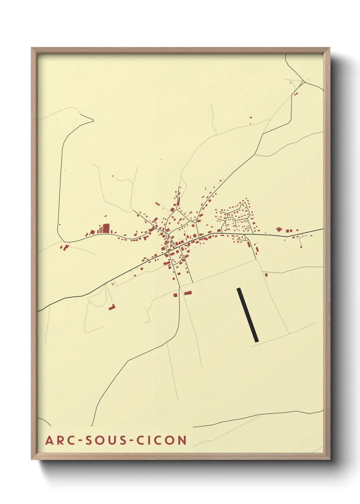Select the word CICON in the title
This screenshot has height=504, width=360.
[162, 440]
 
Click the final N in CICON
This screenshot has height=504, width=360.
[182, 440]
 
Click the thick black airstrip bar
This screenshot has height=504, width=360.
[248, 315]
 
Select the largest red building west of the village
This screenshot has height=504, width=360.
[106, 228]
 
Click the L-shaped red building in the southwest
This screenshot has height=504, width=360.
[112, 307]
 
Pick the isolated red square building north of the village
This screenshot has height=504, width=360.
[251, 117]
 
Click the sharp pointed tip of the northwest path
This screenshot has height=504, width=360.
[93, 120]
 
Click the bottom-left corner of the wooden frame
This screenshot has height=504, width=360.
[32, 459]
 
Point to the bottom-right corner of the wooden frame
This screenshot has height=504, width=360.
[330, 459]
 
